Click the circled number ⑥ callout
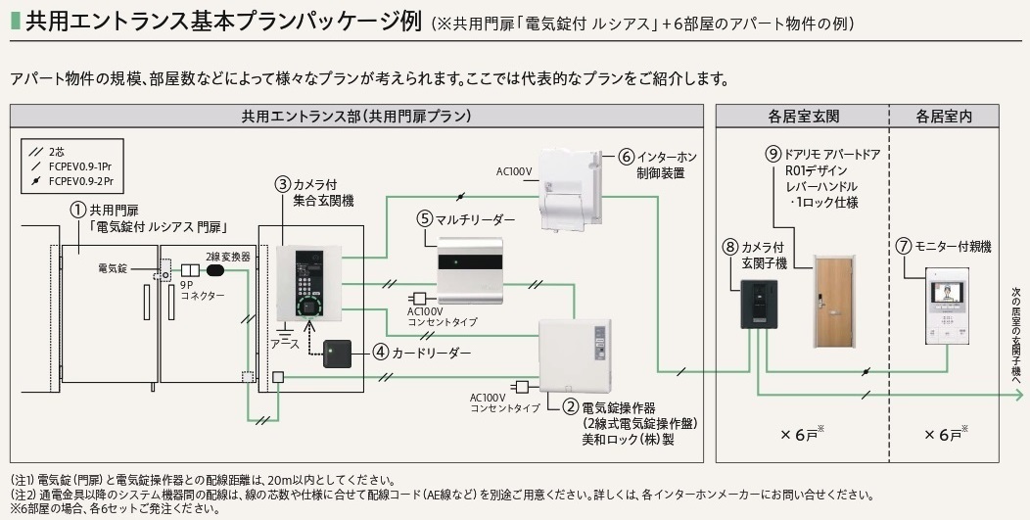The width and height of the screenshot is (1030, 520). pos(628,157)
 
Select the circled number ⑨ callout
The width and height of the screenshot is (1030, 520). pos(772,153)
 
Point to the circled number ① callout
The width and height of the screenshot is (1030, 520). pos(77,209)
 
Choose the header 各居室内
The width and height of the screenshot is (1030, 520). pos(944,116)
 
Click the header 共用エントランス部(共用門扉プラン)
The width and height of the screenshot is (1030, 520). pos(356,116)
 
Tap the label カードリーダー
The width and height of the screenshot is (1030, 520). pos(431,352)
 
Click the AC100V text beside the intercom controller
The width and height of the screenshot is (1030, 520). pos(513,171)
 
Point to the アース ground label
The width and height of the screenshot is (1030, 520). pos(284,345)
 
